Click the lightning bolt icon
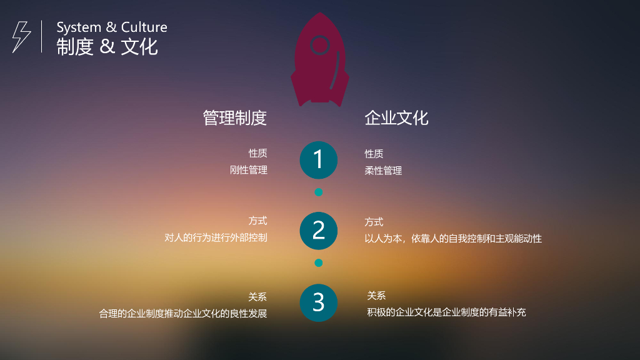point(21,36)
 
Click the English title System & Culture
point(112,27)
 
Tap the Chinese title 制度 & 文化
point(107,47)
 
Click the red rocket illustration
point(319,62)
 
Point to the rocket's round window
point(319,45)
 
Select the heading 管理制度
point(235,117)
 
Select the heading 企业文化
point(396,117)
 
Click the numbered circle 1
point(319,160)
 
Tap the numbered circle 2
point(319,231)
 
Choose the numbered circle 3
point(319,302)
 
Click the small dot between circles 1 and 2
point(319,192)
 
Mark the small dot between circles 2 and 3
point(319,263)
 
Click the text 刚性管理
point(249,170)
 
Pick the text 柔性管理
point(383,171)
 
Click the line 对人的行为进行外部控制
point(216,238)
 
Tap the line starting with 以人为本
point(453,238)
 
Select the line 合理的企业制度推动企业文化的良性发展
point(183,313)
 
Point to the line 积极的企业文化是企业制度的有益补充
point(446,312)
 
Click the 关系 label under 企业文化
point(376,296)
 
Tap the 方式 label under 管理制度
point(257,221)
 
